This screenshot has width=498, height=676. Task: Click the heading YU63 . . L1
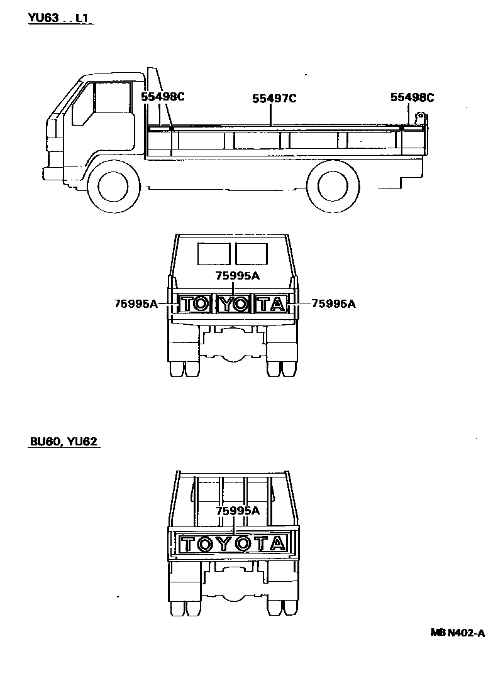(60, 18)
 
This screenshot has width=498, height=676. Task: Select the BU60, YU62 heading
(64, 442)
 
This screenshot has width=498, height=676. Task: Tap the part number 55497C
(274, 99)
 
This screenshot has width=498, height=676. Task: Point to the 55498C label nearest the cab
(162, 97)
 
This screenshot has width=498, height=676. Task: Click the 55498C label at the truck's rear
(412, 97)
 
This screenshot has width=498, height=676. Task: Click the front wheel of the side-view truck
(113, 187)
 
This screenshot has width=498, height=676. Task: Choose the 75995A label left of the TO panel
(136, 304)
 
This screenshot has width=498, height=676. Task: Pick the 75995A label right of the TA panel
(333, 304)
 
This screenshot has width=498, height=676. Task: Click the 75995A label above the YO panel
(237, 275)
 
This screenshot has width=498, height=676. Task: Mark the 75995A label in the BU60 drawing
(237, 511)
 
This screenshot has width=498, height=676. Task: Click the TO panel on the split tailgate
(195, 304)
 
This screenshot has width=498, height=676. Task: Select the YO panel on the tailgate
(233, 304)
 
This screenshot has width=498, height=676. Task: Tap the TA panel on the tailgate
(271, 304)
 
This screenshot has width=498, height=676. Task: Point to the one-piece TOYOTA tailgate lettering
(233, 544)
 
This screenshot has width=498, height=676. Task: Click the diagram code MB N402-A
(457, 633)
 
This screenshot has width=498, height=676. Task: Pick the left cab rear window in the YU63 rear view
(214, 254)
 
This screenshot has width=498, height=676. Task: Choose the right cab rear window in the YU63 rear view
(252, 254)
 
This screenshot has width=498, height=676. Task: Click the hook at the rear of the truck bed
(420, 117)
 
